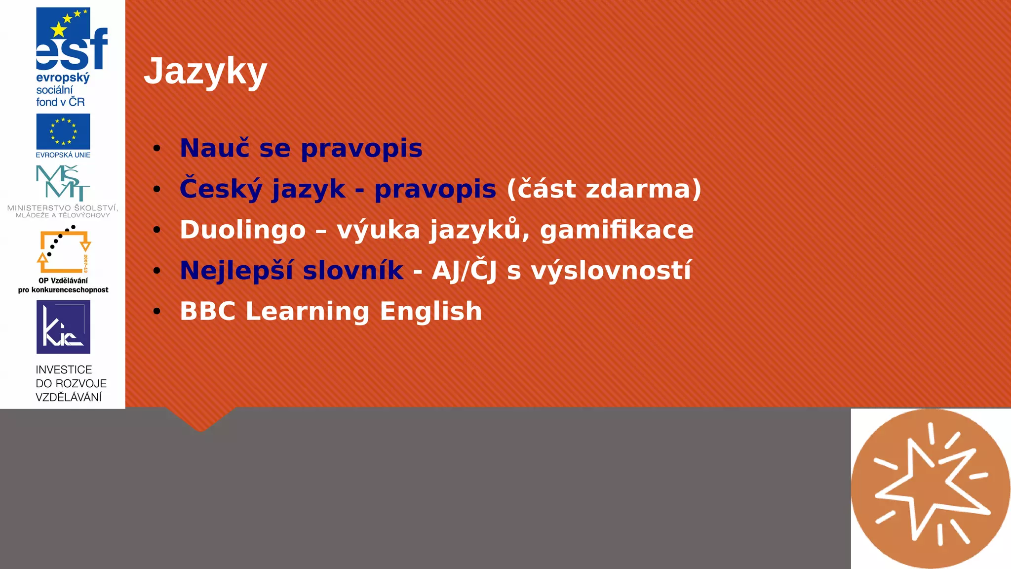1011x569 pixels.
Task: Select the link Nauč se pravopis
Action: [x=301, y=148]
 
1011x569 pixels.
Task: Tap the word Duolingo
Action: [x=242, y=230]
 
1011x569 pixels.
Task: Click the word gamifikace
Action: [x=617, y=230]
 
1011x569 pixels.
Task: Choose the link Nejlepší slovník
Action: [x=291, y=271]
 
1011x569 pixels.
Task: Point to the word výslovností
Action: [x=611, y=271]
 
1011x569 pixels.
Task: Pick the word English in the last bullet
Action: [x=430, y=312]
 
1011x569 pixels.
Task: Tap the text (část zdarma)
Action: [x=604, y=189]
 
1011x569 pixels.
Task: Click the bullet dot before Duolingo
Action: [x=157, y=230]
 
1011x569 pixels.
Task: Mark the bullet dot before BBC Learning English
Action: [x=157, y=311]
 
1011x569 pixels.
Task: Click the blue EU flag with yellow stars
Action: [x=63, y=131]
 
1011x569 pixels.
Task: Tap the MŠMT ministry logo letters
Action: [x=63, y=183]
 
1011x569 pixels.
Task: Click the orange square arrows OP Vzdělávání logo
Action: [x=64, y=250]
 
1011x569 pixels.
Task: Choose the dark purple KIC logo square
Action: [x=63, y=326]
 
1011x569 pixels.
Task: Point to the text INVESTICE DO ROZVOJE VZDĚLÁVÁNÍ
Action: [x=71, y=383]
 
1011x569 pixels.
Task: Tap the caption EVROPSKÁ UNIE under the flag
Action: [x=63, y=155]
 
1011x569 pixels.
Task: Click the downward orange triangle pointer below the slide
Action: [x=200, y=420]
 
